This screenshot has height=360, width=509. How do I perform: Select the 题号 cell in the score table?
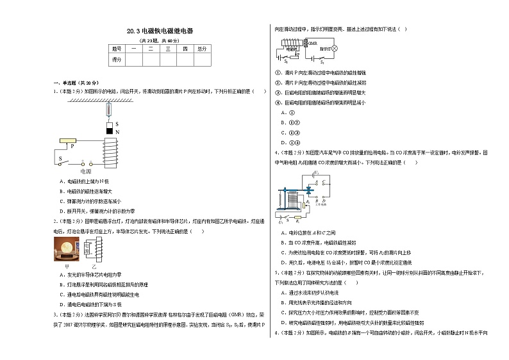point(117,48)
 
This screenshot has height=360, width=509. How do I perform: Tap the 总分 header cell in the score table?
point(201,48)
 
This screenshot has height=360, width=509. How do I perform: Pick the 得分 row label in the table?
point(117,59)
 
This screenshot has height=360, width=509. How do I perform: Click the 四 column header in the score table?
point(185,48)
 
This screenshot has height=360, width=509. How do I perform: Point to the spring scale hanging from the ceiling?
point(108,110)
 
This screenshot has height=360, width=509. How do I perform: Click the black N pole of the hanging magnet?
point(108,131)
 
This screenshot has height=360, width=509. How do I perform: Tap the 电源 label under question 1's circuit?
point(85,172)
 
